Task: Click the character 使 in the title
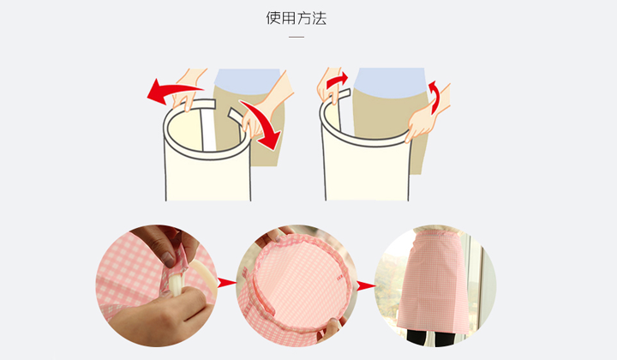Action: pyautogui.click(x=273, y=18)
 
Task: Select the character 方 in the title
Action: pyautogui.click(x=303, y=18)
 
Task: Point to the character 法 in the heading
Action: pyautogui.click(x=319, y=18)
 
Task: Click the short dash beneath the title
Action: pyautogui.click(x=297, y=37)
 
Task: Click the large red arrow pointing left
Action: pyautogui.click(x=173, y=91)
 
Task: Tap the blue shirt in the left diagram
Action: pyautogui.click(x=247, y=81)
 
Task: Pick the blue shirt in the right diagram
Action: pyautogui.click(x=390, y=81)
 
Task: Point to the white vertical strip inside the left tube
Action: pyautogui.click(x=207, y=129)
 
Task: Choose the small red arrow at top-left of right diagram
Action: pyautogui.click(x=337, y=80)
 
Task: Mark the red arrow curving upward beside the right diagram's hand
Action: pyautogui.click(x=434, y=96)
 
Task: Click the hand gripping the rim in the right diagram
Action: pyautogui.click(x=422, y=121)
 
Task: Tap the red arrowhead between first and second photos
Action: pyautogui.click(x=226, y=282)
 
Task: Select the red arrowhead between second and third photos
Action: pyautogui.click(x=366, y=286)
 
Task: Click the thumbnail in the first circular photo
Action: pyautogui.click(x=169, y=259)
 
